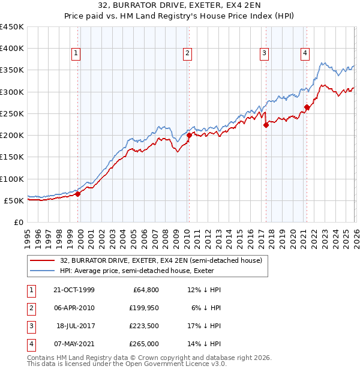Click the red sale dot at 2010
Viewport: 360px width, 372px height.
(188, 135)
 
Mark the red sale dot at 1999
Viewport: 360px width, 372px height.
(78, 194)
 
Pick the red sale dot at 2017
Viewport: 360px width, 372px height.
(265, 125)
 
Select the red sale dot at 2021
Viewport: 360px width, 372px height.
(307, 107)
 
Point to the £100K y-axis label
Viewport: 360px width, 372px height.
(12, 179)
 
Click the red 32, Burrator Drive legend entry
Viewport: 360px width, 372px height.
(161, 260)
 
